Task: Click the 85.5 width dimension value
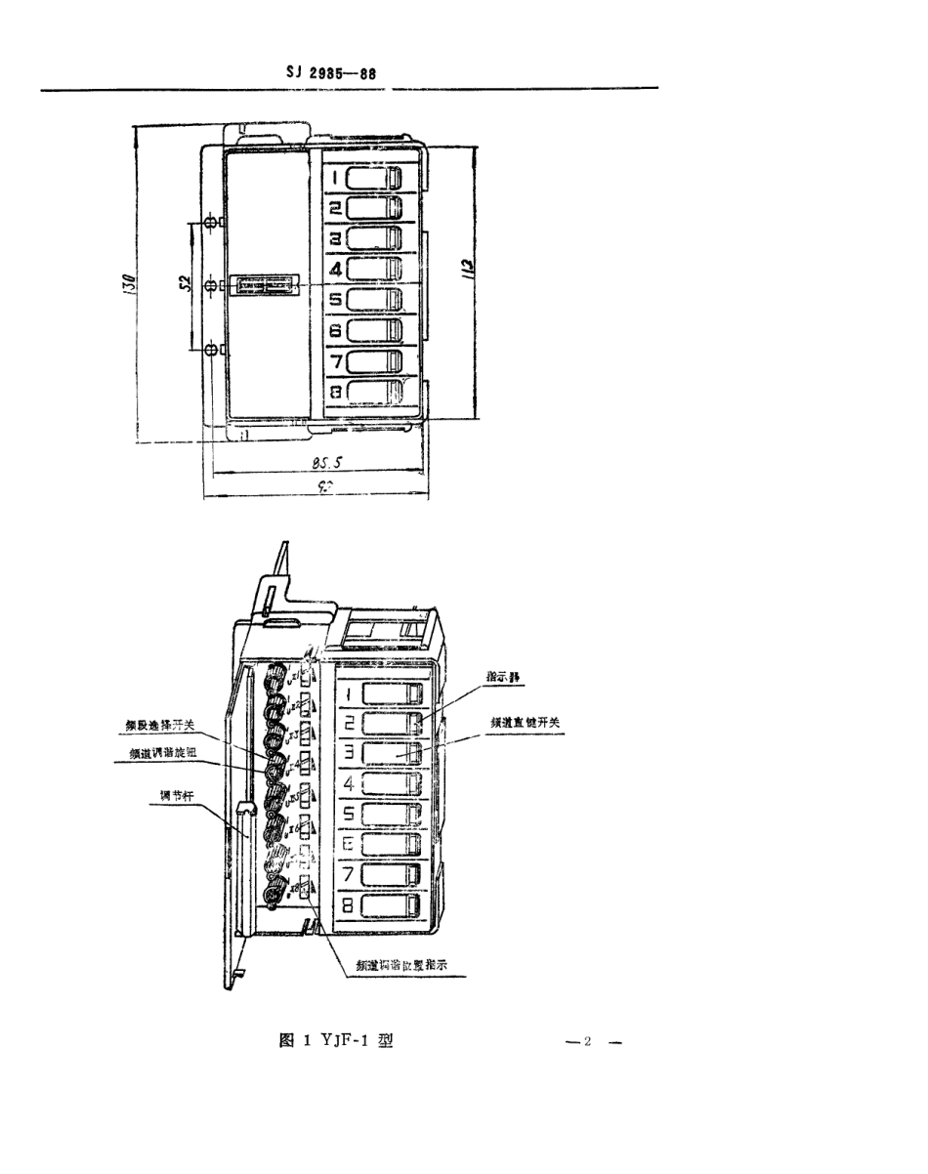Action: pyautogui.click(x=317, y=466)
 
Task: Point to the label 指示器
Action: pyautogui.click(x=503, y=675)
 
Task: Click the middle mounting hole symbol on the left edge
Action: pyautogui.click(x=210, y=286)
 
